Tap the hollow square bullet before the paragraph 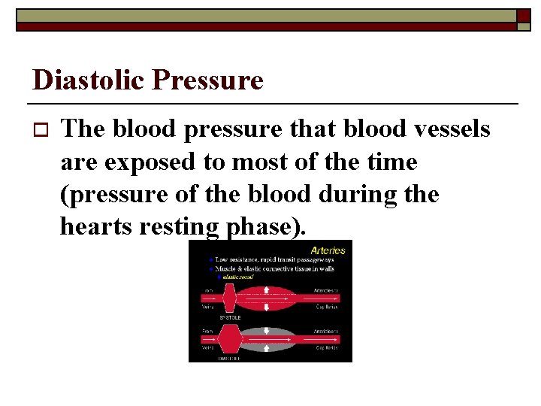(41, 130)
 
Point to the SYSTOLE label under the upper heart (229, 317)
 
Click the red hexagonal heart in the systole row (229, 301)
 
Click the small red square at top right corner (523, 16)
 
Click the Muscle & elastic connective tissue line (274, 268)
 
